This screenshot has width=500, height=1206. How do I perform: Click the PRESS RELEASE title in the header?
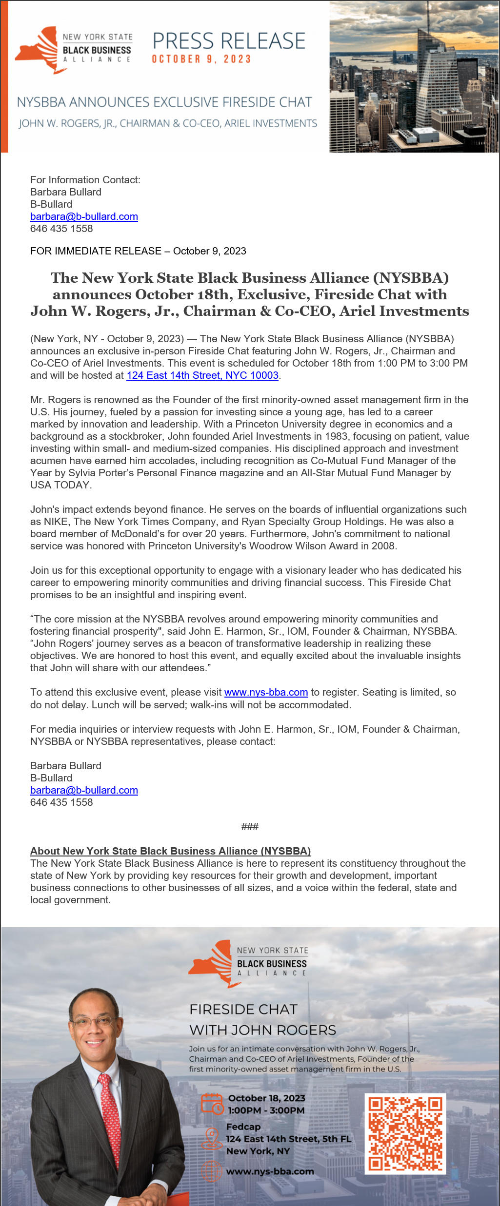(x=229, y=41)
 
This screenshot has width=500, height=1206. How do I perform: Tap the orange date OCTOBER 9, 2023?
(x=201, y=59)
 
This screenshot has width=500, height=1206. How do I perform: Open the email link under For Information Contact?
(x=84, y=216)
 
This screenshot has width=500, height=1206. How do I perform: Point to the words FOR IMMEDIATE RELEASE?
(x=96, y=251)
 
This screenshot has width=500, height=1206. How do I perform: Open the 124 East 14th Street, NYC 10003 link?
(x=202, y=375)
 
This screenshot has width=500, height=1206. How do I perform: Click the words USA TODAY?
(x=60, y=485)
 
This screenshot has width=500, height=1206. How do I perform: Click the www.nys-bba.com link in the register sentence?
(x=266, y=692)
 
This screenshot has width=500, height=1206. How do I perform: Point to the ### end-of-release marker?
(x=250, y=826)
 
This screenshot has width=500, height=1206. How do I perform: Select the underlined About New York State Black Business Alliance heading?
(x=170, y=851)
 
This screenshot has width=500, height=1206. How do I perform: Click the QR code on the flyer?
(x=405, y=1133)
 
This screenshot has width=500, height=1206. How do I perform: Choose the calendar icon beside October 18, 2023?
(x=212, y=1104)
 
